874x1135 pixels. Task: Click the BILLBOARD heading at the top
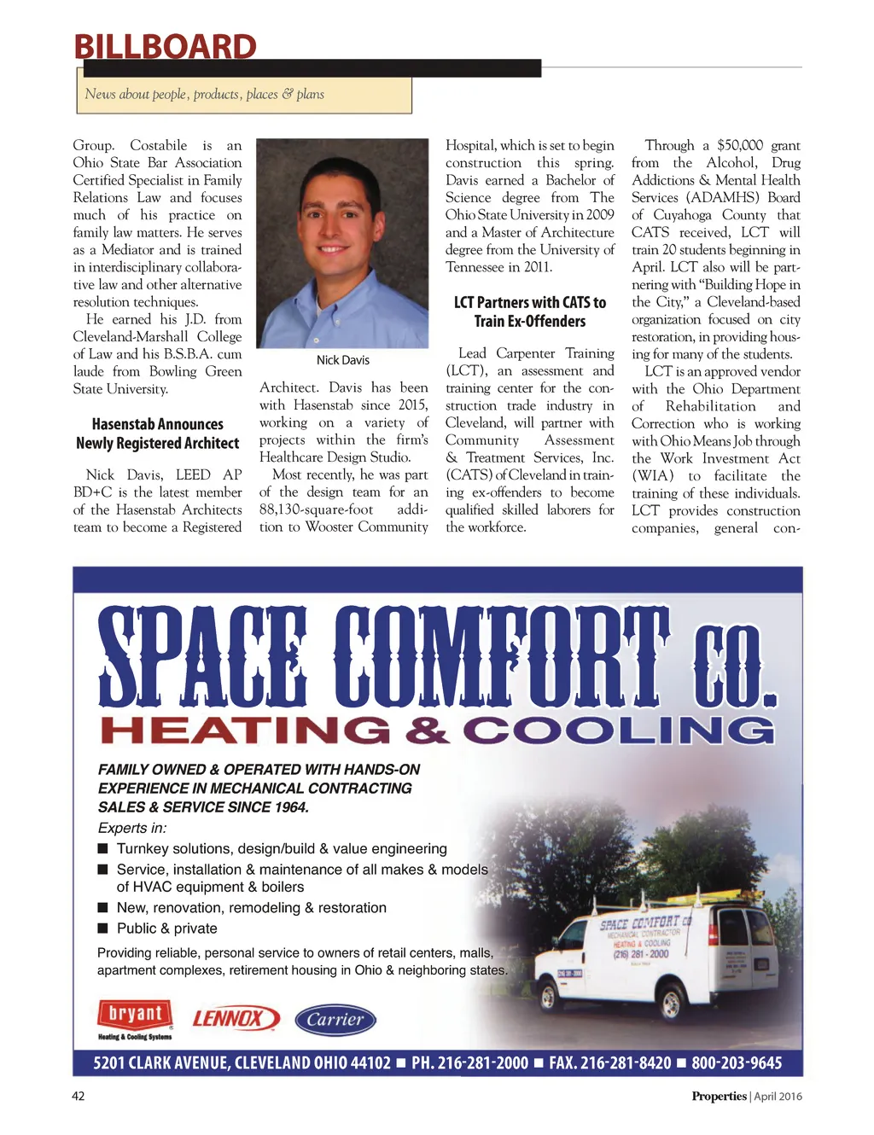[165, 47]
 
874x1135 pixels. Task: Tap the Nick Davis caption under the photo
[342, 360]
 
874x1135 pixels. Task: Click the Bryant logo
[135, 1016]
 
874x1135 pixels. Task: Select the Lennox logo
[234, 1018]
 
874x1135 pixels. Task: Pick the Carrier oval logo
[335, 1019]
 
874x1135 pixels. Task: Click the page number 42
[79, 1096]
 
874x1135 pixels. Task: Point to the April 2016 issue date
[778, 1097]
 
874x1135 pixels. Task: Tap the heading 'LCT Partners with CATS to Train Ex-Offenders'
[530, 311]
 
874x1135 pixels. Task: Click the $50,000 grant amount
[740, 145]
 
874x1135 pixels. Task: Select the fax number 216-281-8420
[610, 1063]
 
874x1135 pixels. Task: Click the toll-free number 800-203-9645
[736, 1063]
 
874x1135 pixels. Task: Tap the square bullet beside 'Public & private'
[103, 928]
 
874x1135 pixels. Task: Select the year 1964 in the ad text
[290, 807]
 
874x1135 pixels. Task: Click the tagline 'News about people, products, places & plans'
[205, 94]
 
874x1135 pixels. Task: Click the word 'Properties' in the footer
[719, 1097]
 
